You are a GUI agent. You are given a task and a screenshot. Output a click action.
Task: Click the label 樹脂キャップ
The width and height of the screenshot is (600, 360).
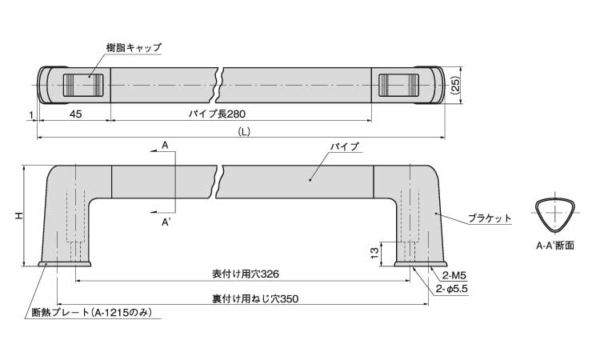pos(134,48)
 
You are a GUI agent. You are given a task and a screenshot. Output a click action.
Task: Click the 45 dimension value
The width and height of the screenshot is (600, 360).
pos(75,114)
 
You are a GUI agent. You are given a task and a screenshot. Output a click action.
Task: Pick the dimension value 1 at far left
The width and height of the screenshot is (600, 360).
pos(31,114)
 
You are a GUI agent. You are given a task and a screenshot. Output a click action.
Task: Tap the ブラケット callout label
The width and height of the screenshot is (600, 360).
pos(488,218)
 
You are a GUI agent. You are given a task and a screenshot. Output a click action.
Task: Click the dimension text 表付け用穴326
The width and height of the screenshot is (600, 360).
pos(246,274)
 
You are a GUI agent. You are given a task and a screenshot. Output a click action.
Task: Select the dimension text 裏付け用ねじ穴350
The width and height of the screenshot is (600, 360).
pos(246,299)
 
